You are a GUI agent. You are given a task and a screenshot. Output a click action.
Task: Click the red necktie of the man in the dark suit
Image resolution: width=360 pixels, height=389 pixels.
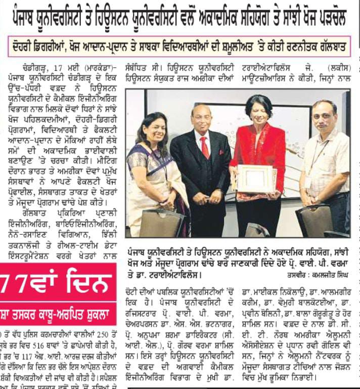click(204, 147)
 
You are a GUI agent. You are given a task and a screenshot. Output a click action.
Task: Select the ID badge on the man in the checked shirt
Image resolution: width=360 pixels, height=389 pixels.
click(308, 181)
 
